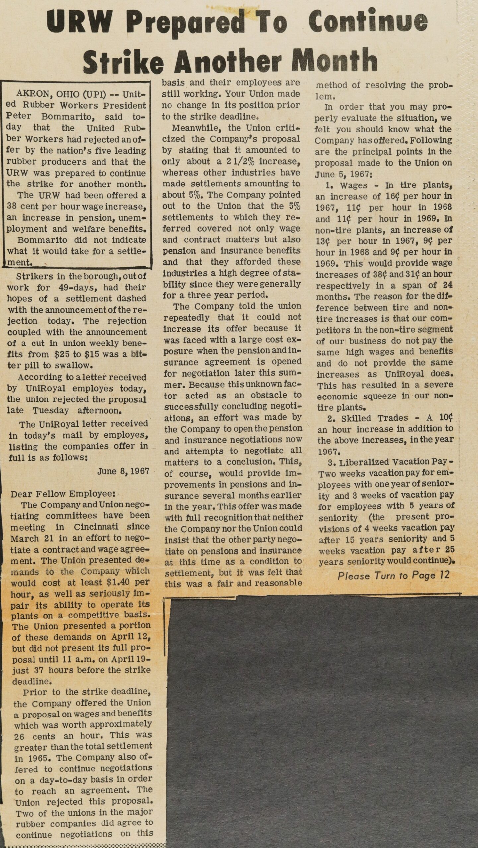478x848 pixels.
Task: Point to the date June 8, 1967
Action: [123, 471]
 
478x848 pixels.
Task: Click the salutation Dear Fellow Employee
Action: [63, 494]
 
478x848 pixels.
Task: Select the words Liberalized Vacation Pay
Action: [384, 462]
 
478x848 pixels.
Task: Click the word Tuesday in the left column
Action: [51, 410]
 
